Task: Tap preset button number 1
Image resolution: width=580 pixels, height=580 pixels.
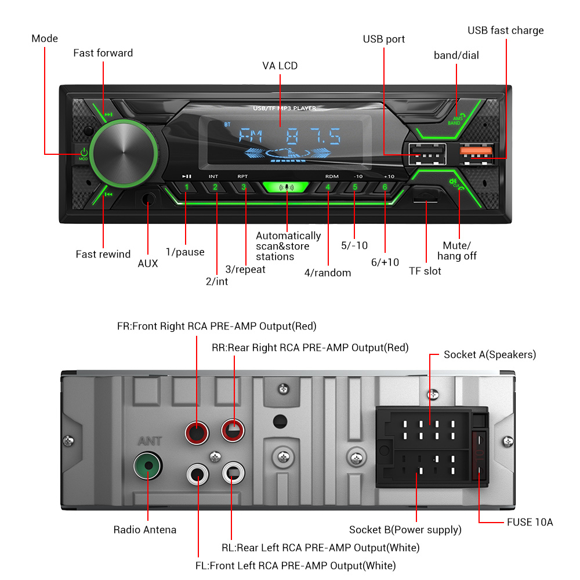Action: [186, 187]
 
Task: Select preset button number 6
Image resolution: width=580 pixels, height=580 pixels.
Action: [385, 187]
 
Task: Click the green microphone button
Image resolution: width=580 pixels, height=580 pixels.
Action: [287, 187]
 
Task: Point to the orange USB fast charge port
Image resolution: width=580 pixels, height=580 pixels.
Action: [477, 151]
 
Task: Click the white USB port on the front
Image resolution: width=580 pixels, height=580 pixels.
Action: [426, 153]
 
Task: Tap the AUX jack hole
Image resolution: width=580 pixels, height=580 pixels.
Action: [149, 200]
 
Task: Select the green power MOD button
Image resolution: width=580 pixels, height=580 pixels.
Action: [84, 154]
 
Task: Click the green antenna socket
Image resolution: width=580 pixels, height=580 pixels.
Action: [147, 466]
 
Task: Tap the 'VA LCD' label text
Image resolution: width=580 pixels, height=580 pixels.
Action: [280, 66]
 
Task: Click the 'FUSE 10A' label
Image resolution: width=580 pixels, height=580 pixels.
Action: [530, 523]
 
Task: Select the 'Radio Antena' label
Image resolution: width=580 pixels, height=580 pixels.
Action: [144, 530]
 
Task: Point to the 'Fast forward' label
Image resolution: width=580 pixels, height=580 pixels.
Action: [103, 53]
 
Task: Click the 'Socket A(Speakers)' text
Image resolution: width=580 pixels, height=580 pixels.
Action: [490, 354]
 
